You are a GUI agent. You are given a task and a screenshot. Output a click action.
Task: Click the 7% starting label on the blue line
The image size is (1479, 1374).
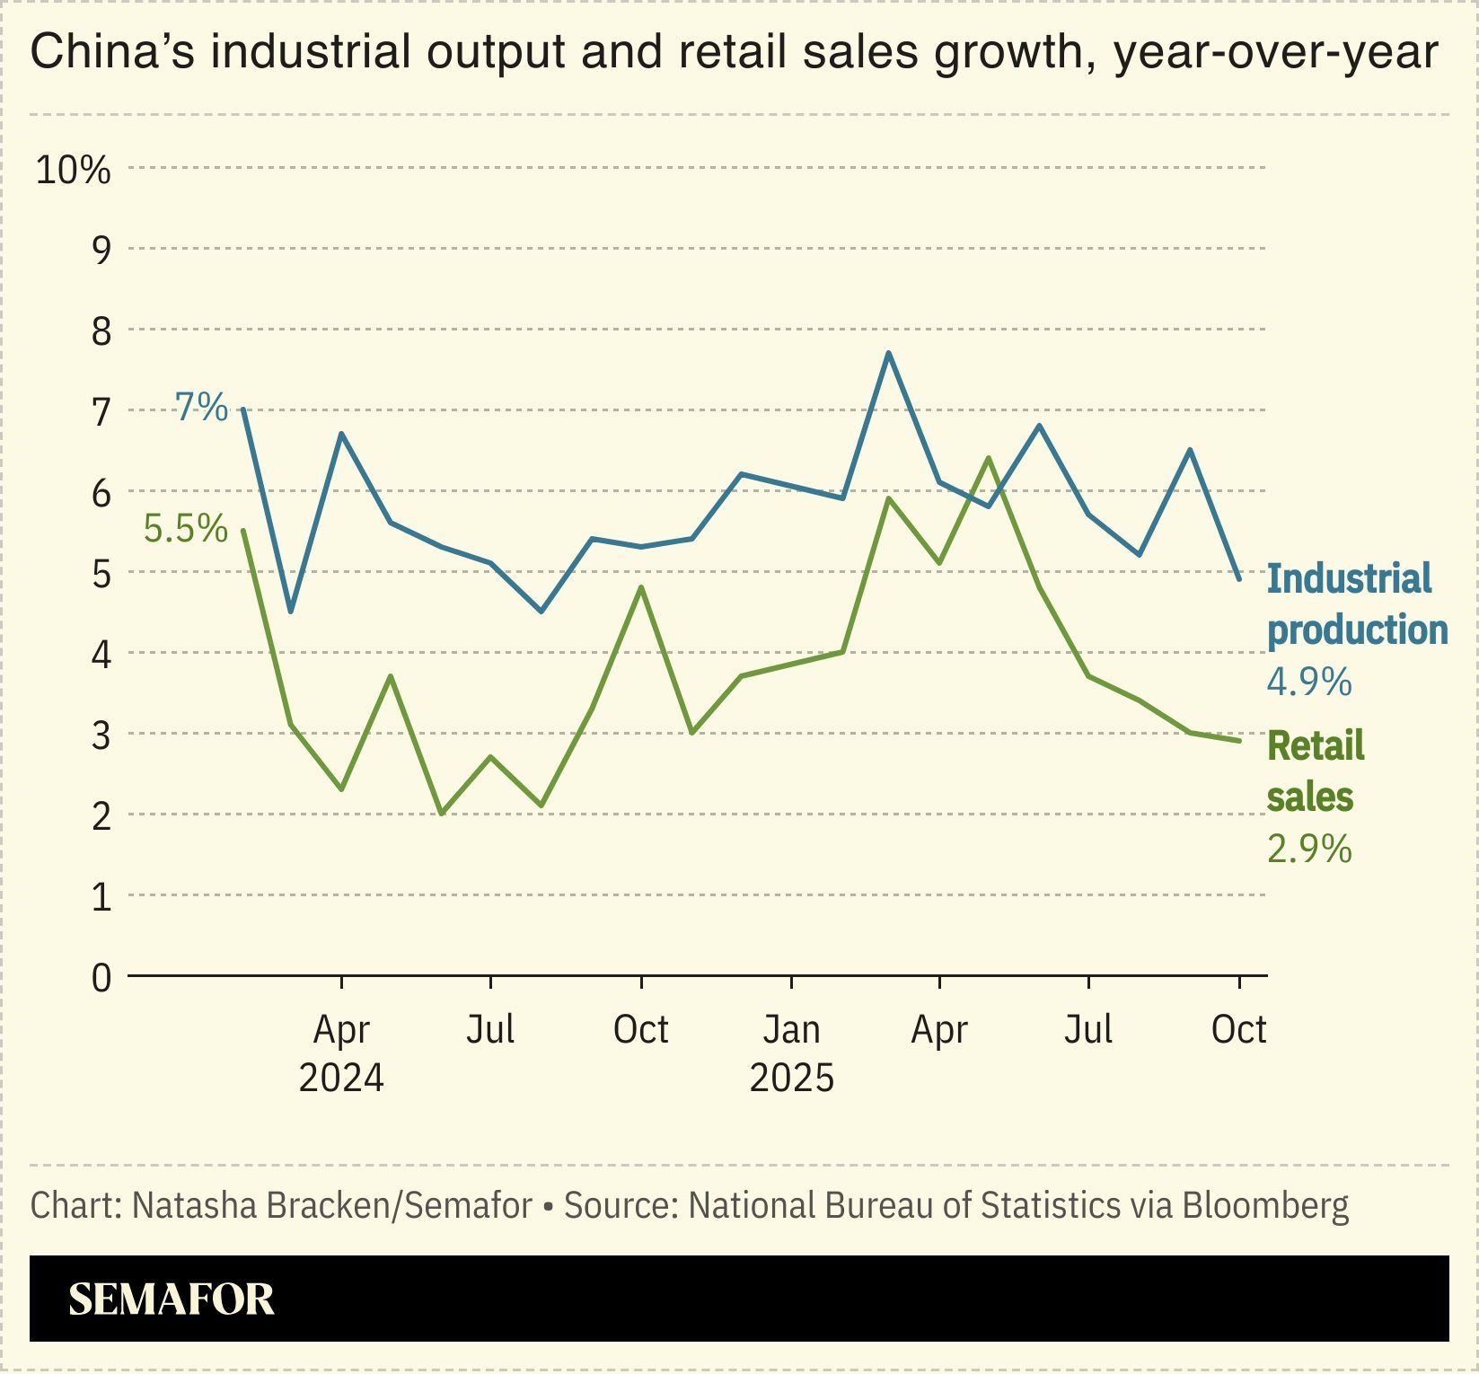201,408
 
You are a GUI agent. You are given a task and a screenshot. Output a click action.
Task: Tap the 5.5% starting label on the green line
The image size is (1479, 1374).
186,529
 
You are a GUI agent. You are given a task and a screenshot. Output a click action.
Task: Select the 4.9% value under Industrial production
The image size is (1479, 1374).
1308,683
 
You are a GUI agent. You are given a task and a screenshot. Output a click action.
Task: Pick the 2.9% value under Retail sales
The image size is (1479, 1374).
1308,849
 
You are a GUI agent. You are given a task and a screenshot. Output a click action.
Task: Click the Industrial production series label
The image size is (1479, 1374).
1355,604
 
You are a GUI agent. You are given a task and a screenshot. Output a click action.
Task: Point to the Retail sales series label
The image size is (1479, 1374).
1314,771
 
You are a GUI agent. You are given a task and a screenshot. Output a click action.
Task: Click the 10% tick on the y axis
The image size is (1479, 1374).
73,170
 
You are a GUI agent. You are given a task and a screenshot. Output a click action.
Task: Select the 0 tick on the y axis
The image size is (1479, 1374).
101,977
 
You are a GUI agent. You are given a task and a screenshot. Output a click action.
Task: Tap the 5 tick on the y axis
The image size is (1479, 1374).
101,573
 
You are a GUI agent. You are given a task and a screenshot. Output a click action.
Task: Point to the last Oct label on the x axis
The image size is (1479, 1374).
1238,1030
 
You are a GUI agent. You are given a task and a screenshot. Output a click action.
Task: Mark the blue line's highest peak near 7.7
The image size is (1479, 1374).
888,353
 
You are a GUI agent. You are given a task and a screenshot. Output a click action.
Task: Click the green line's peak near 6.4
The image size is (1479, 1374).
988,458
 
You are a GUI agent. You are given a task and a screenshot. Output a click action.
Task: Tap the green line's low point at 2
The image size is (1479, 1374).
441,813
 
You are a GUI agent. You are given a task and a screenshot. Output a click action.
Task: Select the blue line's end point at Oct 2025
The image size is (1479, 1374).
1239,579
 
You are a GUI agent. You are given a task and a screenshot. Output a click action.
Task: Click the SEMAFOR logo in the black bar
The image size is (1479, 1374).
171,1299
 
